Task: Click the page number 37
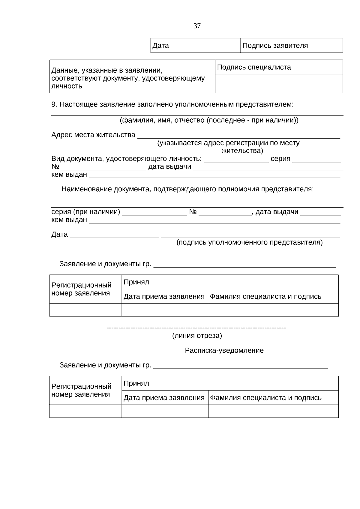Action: pyautogui.click(x=197, y=26)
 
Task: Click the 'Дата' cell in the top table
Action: pyautogui.click(x=195, y=46)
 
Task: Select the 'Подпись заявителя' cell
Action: pyautogui.click(x=291, y=46)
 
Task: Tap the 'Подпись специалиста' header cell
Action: pyautogui.click(x=279, y=67)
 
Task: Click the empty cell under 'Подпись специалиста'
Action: pyautogui.click(x=279, y=83)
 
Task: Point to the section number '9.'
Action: pyautogui.click(x=54, y=105)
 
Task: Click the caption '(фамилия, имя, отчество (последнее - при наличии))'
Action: pyautogui.click(x=209, y=121)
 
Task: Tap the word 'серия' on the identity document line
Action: pyautogui.click(x=280, y=159)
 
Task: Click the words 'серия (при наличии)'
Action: pyautogui.click(x=86, y=212)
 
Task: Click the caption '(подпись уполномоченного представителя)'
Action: pyautogui.click(x=249, y=242)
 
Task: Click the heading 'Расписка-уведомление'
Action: pyautogui.click(x=224, y=351)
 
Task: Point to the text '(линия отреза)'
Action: pyautogui.click(x=197, y=336)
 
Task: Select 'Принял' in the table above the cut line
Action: pyautogui.click(x=136, y=282)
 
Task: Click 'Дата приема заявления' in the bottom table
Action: pyautogui.click(x=164, y=398)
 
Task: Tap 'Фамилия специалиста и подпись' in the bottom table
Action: pyautogui.click(x=265, y=398)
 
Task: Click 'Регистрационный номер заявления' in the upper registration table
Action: pyautogui.click(x=81, y=289)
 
